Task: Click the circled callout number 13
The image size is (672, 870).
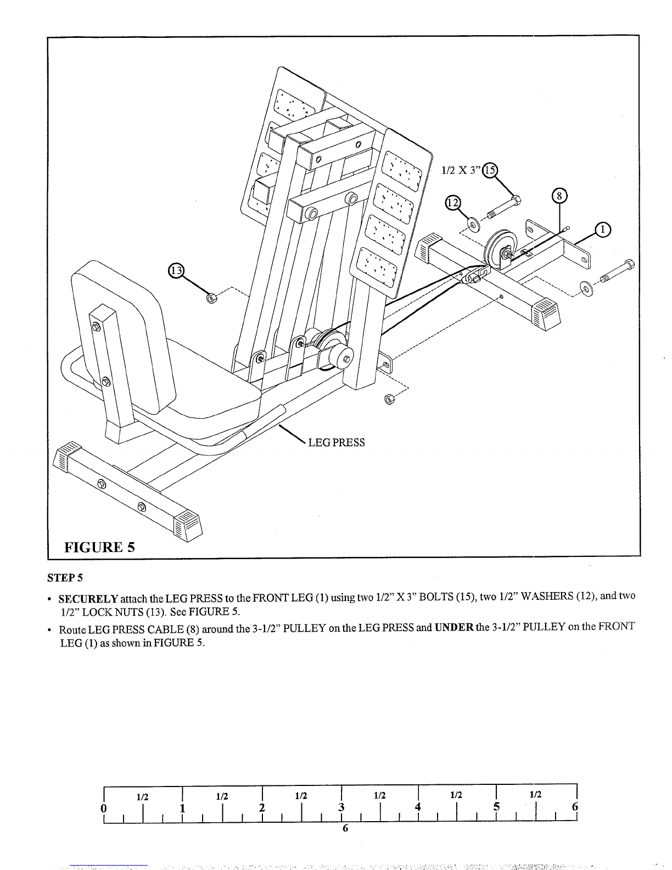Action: [176, 271]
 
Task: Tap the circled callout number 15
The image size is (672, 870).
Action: [490, 170]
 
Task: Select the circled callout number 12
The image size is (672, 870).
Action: [453, 203]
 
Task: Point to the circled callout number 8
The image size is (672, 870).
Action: [559, 196]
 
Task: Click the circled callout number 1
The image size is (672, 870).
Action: [603, 230]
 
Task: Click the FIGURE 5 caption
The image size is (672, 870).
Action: [100, 547]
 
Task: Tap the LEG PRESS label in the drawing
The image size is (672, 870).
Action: [336, 442]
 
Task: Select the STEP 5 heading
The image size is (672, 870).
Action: [65, 578]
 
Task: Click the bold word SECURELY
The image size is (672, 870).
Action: [88, 599]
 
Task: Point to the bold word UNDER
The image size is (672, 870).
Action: [454, 627]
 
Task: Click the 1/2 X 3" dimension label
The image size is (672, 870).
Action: [461, 170]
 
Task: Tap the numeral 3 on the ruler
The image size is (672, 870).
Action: [341, 807]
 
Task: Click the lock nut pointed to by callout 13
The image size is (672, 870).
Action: [211, 298]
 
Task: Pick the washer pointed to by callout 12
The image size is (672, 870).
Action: [475, 224]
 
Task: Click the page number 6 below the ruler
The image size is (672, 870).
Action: [345, 828]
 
